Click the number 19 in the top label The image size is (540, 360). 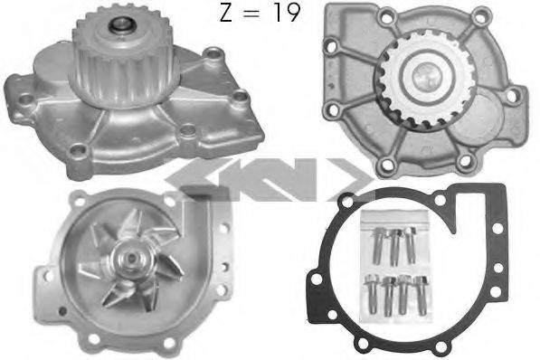click(x=286, y=13)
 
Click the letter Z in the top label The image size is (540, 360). click(x=225, y=14)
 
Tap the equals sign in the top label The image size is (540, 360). click(x=252, y=14)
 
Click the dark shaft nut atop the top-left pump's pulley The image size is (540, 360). click(x=121, y=24)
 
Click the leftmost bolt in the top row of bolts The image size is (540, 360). click(x=377, y=245)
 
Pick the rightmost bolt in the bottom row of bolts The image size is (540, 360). click(x=421, y=295)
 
